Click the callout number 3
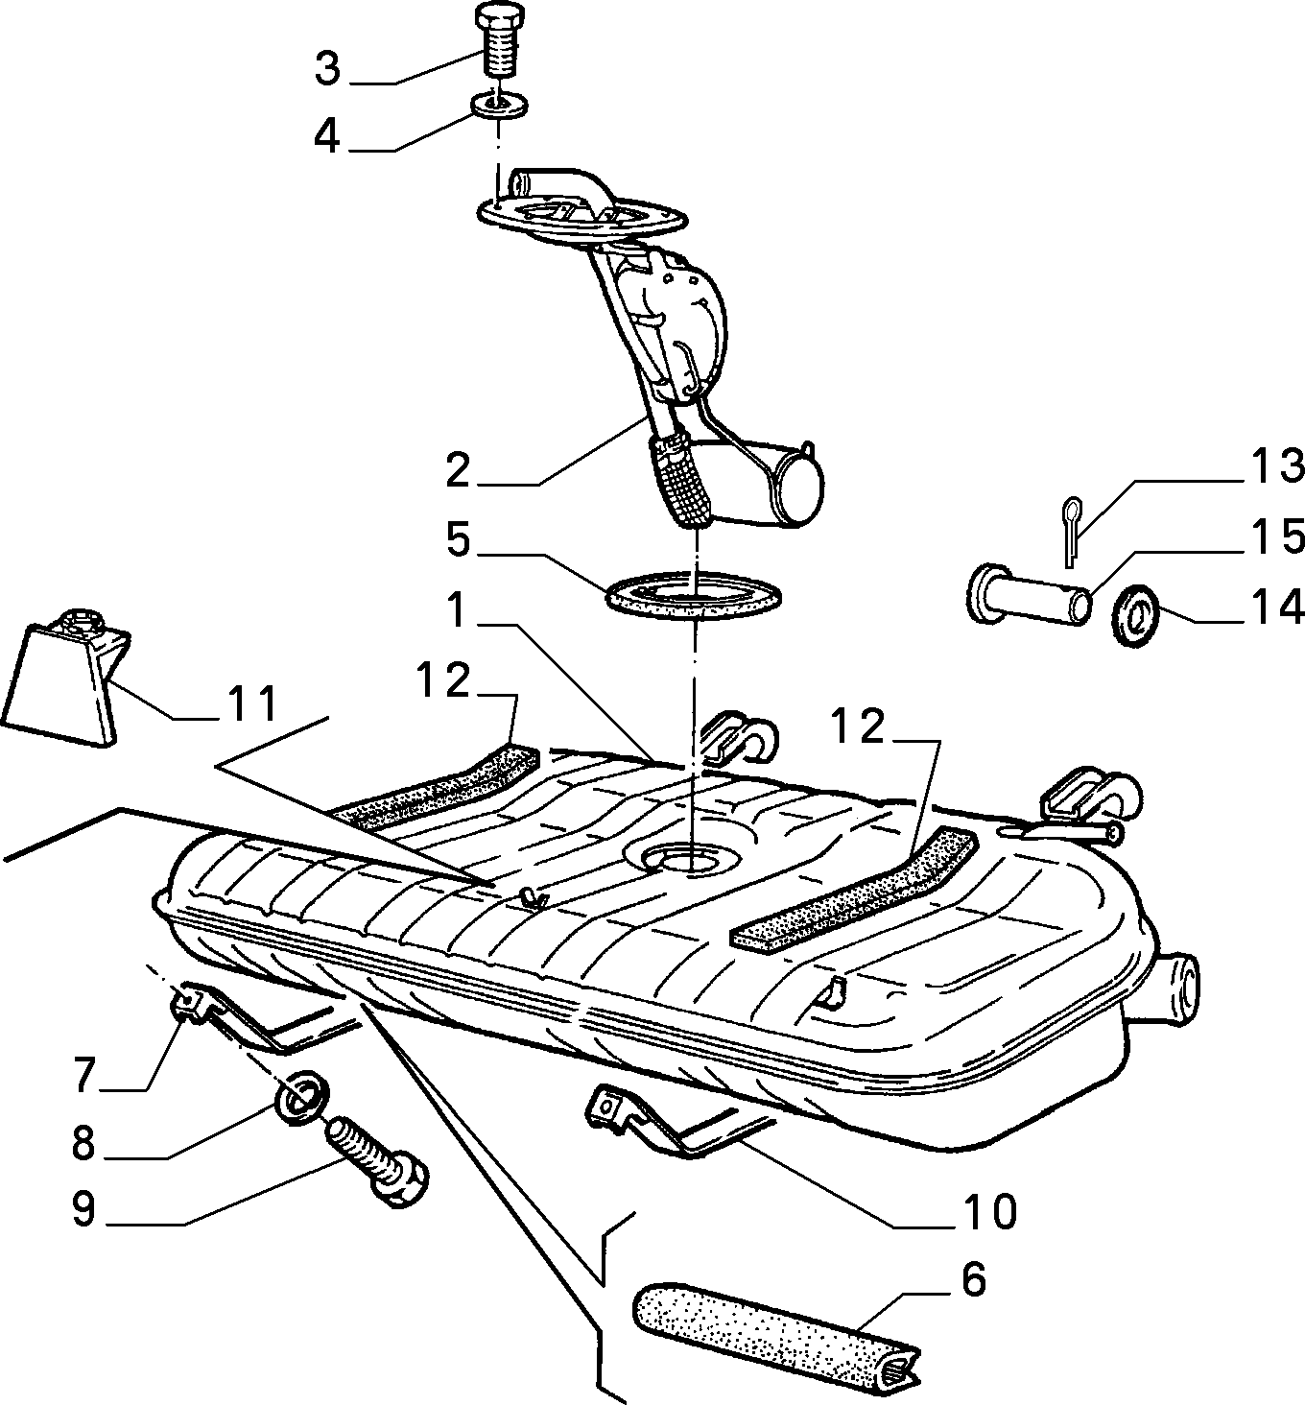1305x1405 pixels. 327,69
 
